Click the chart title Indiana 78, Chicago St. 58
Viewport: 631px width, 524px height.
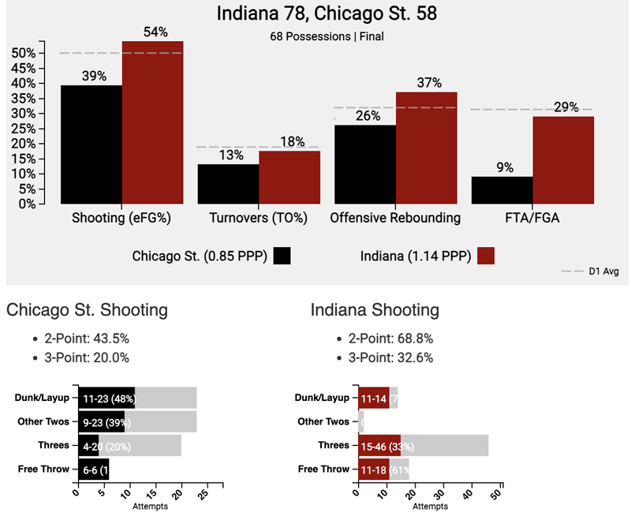(315, 13)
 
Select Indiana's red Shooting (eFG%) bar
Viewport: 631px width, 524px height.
(152, 122)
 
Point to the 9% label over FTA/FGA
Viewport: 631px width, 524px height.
(502, 167)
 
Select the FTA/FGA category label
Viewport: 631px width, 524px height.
(532, 217)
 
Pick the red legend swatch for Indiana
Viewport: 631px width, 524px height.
(486, 256)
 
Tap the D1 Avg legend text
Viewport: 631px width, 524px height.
(603, 271)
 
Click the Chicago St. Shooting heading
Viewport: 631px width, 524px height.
(87, 310)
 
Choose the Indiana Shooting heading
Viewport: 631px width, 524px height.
(375, 310)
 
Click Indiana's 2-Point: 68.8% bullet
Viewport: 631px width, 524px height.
(390, 339)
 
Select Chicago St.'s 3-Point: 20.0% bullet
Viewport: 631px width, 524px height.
(86, 357)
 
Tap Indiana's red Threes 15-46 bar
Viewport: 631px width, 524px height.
(379, 446)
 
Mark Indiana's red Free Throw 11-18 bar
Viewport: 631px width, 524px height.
(374, 470)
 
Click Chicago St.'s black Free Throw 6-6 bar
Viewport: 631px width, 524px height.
(92, 470)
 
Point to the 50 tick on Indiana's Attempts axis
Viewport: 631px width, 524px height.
(497, 496)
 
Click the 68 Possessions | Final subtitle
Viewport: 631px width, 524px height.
(315, 36)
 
